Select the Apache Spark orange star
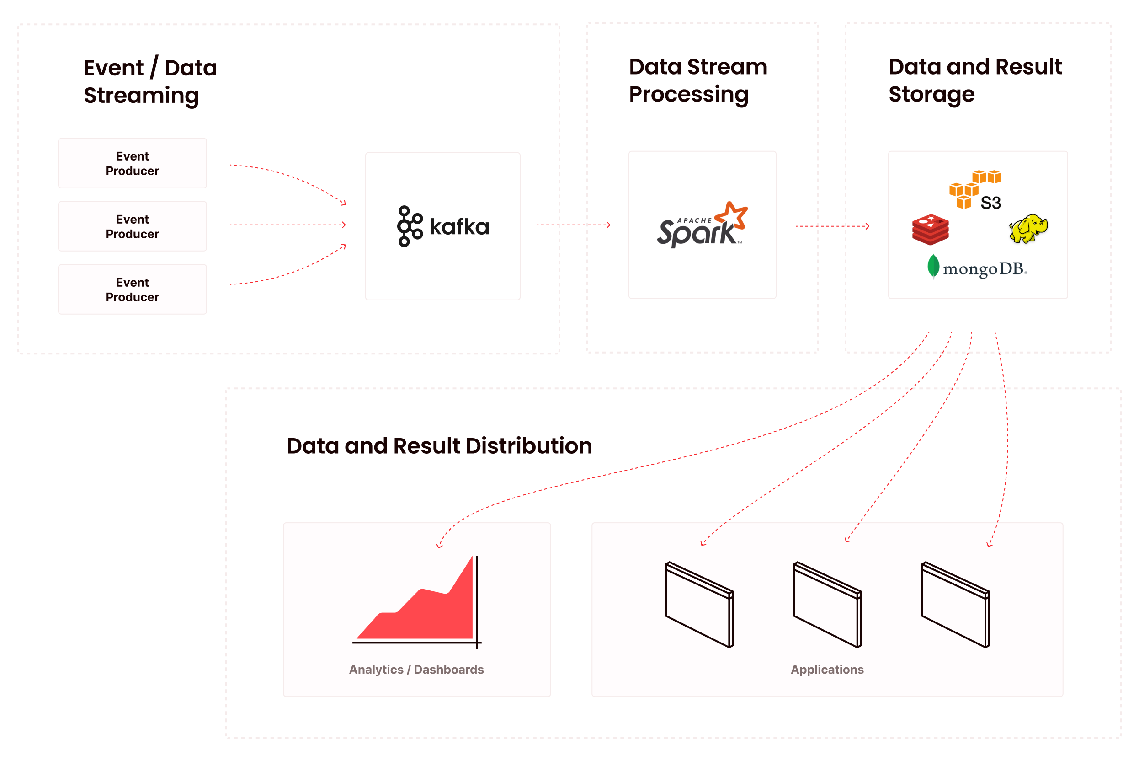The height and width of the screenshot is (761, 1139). pos(732,215)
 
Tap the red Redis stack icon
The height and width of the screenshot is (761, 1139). pos(930,229)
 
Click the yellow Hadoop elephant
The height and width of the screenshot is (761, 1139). pos(1028,228)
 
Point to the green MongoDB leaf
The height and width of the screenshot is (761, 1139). pos(933,266)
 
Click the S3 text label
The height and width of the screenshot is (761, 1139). pos(990,203)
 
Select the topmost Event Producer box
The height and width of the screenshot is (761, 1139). pos(133,163)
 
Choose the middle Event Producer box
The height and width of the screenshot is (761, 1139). pos(133,226)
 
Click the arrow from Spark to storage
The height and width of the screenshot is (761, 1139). pos(832,226)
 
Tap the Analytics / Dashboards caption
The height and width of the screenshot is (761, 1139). pos(416,669)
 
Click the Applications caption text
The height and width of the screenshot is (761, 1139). pos(827,669)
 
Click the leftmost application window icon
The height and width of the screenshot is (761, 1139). pos(699,604)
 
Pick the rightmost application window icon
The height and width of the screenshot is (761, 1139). pos(955,604)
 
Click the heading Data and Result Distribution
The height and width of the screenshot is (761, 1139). pos(439,445)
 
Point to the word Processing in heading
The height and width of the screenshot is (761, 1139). pos(688,94)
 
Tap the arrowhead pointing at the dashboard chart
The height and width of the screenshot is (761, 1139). pos(439,546)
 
